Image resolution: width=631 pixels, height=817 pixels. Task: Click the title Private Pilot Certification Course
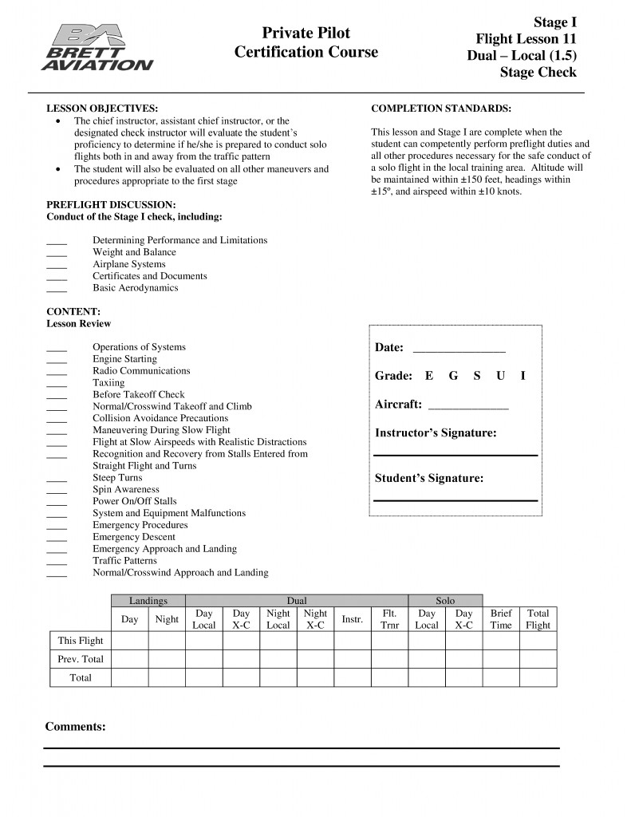306,43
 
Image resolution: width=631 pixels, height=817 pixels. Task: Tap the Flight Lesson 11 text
526,38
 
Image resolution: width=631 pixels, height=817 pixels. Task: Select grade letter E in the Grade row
429,376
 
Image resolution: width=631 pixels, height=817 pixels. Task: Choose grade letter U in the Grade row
500,376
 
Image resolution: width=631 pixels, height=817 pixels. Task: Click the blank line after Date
459,349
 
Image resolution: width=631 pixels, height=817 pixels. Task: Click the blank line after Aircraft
468,405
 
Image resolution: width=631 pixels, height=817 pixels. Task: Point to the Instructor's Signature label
436,433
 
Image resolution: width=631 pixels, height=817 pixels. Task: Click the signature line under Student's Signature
456,500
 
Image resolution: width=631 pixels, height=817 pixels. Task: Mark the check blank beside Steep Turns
57,479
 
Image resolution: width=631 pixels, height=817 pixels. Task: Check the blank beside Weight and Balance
57,253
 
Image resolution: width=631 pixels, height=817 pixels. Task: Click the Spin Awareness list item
126,489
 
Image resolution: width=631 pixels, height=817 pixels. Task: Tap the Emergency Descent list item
134,537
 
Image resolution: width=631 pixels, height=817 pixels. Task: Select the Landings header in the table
148,601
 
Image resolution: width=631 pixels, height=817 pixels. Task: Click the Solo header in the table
445,601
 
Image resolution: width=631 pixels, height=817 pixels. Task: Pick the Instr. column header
353,619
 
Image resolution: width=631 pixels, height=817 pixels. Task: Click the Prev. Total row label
81,659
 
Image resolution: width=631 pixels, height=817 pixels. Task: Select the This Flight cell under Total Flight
538,641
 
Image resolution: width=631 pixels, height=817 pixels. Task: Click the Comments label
75,727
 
